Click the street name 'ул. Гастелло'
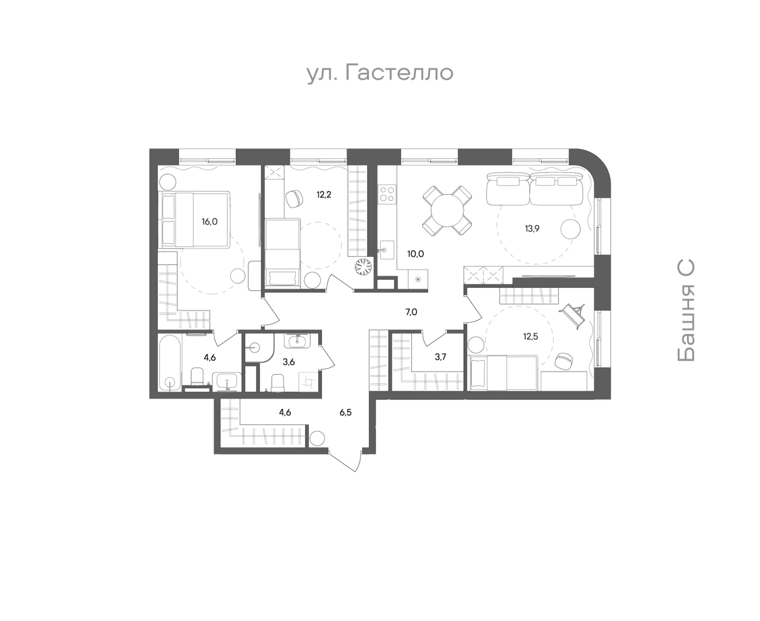tap(380, 73)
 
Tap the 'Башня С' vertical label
tap(686, 311)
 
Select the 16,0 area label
tap(209, 222)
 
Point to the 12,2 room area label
tap(324, 194)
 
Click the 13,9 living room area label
tap(532, 229)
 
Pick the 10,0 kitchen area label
tap(416, 254)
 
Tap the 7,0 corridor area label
tap(411, 312)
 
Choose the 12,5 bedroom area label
tap(530, 337)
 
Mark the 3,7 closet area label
tap(441, 357)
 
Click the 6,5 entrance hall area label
tap(346, 413)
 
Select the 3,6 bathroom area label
tap(289, 362)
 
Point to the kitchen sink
tap(387, 250)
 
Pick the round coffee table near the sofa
tap(570, 229)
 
